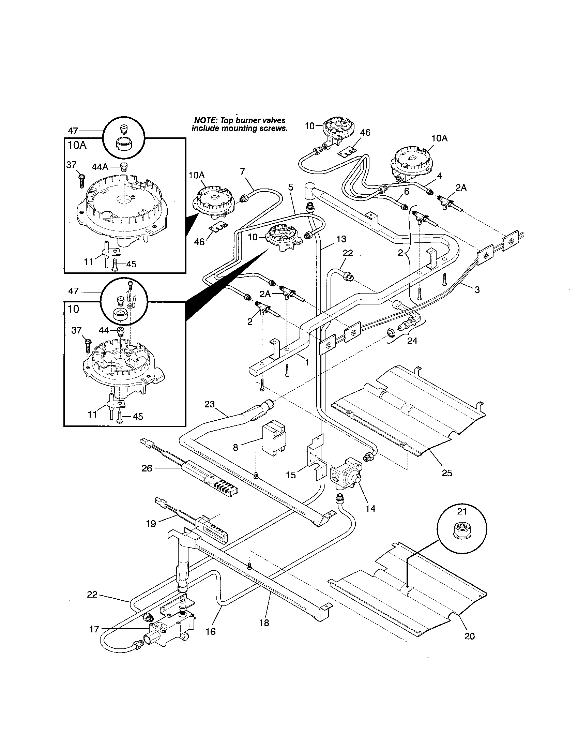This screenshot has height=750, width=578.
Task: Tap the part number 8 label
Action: (235, 448)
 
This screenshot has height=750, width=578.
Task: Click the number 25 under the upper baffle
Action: (447, 474)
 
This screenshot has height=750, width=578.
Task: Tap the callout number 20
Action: (469, 636)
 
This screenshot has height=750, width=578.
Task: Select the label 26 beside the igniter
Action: (147, 468)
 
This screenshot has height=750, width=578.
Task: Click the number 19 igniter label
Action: (151, 524)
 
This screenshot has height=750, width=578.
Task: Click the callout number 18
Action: (264, 622)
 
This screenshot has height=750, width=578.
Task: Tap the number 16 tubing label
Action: (211, 631)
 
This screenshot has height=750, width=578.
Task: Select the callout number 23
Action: (209, 404)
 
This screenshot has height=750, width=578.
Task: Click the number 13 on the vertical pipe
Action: (341, 239)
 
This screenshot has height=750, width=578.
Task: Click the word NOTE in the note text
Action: (203, 121)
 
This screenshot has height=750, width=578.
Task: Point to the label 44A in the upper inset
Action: (100, 167)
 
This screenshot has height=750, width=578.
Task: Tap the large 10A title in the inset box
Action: (77, 145)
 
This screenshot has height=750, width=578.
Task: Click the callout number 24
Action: (412, 341)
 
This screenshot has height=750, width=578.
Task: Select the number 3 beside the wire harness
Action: (477, 289)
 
